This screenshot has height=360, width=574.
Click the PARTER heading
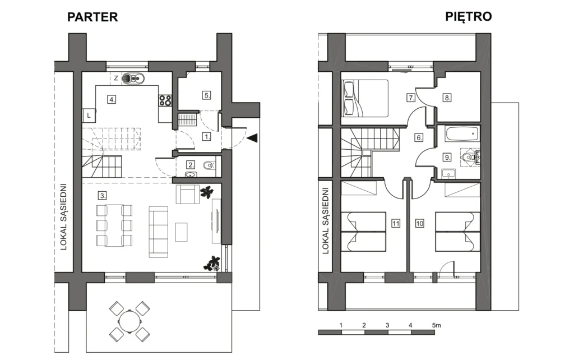pyautogui.click(x=92, y=17)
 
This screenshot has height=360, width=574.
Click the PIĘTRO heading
pyautogui.click(x=468, y=16)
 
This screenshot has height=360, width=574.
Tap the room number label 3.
pyautogui.click(x=103, y=196)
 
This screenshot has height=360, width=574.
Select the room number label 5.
pyautogui.click(x=207, y=95)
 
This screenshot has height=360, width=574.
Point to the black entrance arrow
pyautogui.click(x=253, y=138)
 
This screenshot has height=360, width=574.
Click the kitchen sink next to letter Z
pyautogui.click(x=133, y=78)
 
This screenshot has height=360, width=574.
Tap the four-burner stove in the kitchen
pyautogui.click(x=165, y=100)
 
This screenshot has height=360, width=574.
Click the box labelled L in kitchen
pyautogui.click(x=89, y=116)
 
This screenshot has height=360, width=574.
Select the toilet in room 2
pyautogui.click(x=210, y=165)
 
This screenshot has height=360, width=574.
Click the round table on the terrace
pyautogui.click(x=129, y=321)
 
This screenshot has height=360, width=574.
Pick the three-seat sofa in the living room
pyautogui.click(x=159, y=232)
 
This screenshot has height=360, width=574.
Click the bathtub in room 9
pyautogui.click(x=462, y=133)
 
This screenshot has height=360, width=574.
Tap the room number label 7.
pyautogui.click(x=411, y=98)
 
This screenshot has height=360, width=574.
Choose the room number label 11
pyautogui.click(x=396, y=223)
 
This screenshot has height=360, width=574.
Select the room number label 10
pyautogui.click(x=419, y=223)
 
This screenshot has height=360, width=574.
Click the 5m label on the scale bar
pyautogui.click(x=436, y=325)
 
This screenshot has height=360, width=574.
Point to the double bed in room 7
pyautogui.click(x=365, y=98)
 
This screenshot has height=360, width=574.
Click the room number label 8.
pyautogui.click(x=447, y=98)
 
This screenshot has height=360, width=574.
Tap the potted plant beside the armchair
pyautogui.click(x=206, y=192)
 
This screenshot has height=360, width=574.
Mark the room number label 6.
pyautogui.click(x=419, y=138)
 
